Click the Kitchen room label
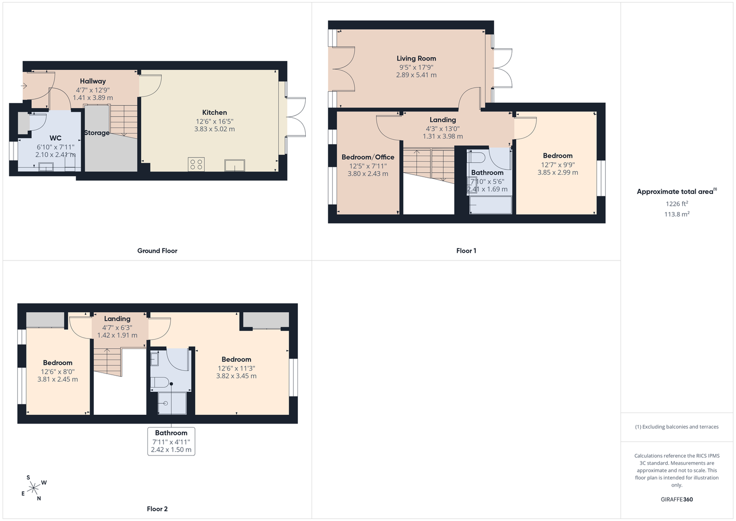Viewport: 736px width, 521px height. point(214,113)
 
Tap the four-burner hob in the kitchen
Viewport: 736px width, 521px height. point(196,164)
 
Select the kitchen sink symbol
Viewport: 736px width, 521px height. point(234,165)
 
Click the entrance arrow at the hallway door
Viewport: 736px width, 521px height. point(23,86)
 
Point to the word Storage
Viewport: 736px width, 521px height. point(97,133)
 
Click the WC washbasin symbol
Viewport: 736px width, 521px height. point(46,167)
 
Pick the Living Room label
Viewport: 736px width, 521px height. point(416,58)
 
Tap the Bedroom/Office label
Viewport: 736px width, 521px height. point(368,157)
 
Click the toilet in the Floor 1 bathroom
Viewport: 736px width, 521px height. point(476,157)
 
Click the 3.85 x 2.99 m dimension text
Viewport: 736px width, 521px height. point(557,172)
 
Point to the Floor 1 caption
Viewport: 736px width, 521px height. point(466,251)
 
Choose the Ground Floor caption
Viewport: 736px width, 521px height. point(157,251)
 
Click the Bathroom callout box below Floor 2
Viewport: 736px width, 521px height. point(171,441)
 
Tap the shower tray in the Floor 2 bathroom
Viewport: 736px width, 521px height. point(172,403)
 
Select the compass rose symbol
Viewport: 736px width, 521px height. point(34,488)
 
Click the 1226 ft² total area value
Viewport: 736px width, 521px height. point(677,204)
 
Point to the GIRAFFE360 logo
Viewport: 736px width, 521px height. point(677,499)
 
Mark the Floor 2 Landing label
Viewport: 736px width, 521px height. point(117,319)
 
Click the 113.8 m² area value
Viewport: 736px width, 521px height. point(677,214)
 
